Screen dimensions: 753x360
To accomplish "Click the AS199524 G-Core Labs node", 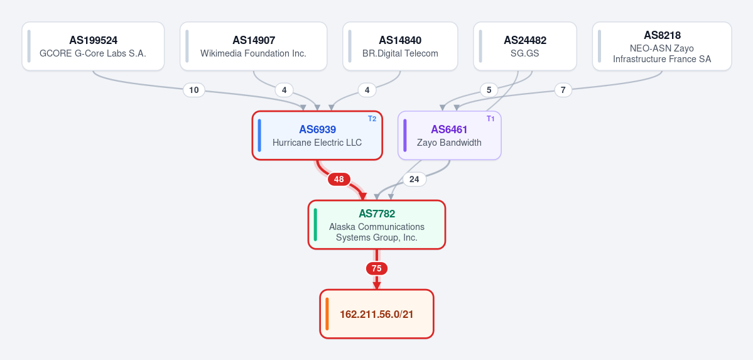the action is click(x=93, y=46).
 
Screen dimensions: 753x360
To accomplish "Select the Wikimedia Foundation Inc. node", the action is click(x=254, y=46).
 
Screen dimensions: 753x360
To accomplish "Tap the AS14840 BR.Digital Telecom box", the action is click(x=400, y=46).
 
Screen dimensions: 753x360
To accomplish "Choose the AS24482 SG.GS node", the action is click(x=525, y=46).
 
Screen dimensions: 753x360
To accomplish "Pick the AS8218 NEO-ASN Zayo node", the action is click(x=662, y=46).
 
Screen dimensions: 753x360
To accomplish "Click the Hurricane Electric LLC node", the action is click(x=317, y=136).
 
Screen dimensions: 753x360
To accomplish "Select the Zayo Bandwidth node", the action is click(x=450, y=136).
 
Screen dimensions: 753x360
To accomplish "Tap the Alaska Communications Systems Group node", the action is click(x=377, y=225).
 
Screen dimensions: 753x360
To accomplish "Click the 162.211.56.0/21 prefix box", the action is click(x=377, y=314).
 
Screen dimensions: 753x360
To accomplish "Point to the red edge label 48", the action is click(x=339, y=179).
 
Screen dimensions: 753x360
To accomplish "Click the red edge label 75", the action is click(x=377, y=269).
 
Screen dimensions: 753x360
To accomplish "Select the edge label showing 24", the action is click(x=414, y=179).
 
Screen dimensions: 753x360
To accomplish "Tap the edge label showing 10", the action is click(x=194, y=90).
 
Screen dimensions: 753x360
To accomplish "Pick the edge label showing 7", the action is click(x=563, y=90).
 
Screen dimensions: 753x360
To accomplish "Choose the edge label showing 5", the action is click(x=489, y=90).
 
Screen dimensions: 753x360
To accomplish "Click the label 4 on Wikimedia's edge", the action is click(x=284, y=90).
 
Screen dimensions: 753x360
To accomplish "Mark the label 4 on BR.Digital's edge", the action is click(x=367, y=90).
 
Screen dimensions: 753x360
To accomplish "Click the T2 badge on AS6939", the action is click(x=372, y=119).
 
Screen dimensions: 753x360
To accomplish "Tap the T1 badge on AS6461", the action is click(x=490, y=119).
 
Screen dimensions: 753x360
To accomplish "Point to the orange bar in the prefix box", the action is click(x=327, y=314).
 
